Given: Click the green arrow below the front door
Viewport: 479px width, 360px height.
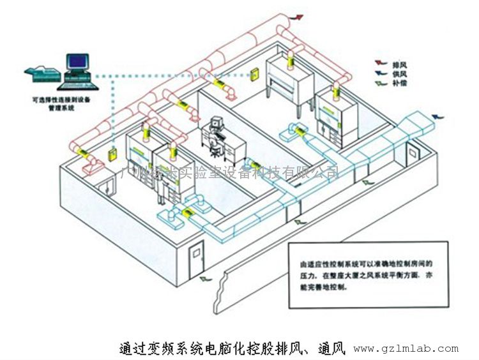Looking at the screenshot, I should (206, 280).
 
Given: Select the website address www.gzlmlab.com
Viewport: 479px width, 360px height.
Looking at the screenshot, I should (406, 349).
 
